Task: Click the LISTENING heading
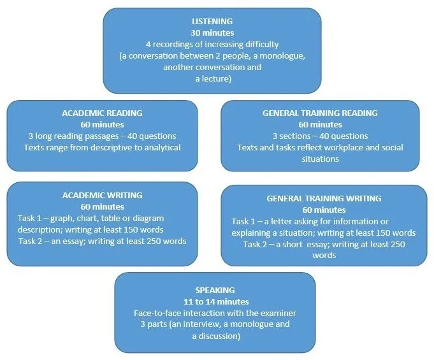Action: [212, 21]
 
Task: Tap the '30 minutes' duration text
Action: [212, 33]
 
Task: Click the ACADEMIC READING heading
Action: [102, 113]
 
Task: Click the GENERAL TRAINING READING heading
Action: [320, 113]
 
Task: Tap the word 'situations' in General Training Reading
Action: [320, 159]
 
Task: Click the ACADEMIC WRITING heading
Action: [102, 196]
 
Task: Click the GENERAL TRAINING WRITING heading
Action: [324, 198]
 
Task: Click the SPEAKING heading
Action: [215, 291]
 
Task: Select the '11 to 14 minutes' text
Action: [216, 301]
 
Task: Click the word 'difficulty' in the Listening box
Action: [262, 45]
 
